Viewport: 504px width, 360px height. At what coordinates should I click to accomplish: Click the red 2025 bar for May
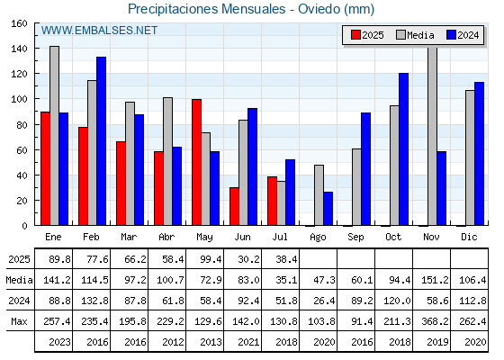(x=197, y=162)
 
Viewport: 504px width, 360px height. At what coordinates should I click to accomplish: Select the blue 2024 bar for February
(x=101, y=141)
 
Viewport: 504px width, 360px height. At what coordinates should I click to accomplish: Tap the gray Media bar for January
(x=54, y=136)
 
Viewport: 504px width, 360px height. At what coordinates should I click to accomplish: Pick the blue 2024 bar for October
(x=404, y=149)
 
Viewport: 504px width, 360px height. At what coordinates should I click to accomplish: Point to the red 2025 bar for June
(x=234, y=206)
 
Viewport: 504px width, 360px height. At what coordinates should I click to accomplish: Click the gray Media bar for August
(x=319, y=195)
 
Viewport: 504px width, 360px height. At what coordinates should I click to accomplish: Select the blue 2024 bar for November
(x=442, y=188)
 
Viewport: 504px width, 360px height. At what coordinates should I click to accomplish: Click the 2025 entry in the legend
(x=367, y=35)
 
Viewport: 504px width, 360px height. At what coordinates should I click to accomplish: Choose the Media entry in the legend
(x=415, y=35)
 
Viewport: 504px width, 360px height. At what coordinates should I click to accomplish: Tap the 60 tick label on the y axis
(x=22, y=150)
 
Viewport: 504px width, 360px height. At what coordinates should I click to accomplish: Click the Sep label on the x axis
(x=355, y=238)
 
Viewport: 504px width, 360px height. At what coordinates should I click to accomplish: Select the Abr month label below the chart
(x=166, y=238)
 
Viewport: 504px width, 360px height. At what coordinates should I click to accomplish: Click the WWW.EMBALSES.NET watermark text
(x=99, y=31)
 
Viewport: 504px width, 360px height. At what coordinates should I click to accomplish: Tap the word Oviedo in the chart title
(x=319, y=9)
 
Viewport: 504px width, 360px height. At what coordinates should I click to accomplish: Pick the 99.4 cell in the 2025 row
(x=211, y=259)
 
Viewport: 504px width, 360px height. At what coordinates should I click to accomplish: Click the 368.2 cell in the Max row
(x=435, y=321)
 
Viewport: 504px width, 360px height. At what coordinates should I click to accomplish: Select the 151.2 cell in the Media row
(x=435, y=280)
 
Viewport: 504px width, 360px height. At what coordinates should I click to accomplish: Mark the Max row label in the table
(x=19, y=321)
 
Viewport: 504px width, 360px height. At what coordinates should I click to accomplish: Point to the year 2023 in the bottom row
(x=59, y=342)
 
